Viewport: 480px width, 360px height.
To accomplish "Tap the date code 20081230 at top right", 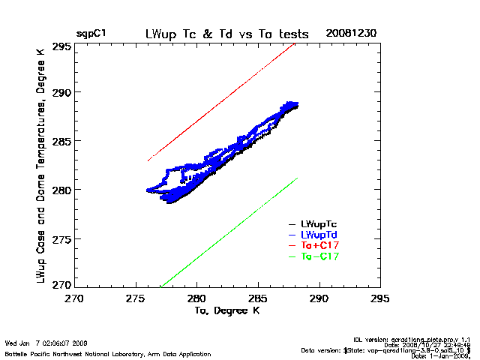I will pyautogui.click(x=351, y=34).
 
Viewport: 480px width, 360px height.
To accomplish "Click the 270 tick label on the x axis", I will pyautogui.click(x=74, y=298).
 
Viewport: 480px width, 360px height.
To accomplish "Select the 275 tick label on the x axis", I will pyautogui.click(x=136, y=298).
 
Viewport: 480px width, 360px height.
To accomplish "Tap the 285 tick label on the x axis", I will pyautogui.click(x=258, y=298).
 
